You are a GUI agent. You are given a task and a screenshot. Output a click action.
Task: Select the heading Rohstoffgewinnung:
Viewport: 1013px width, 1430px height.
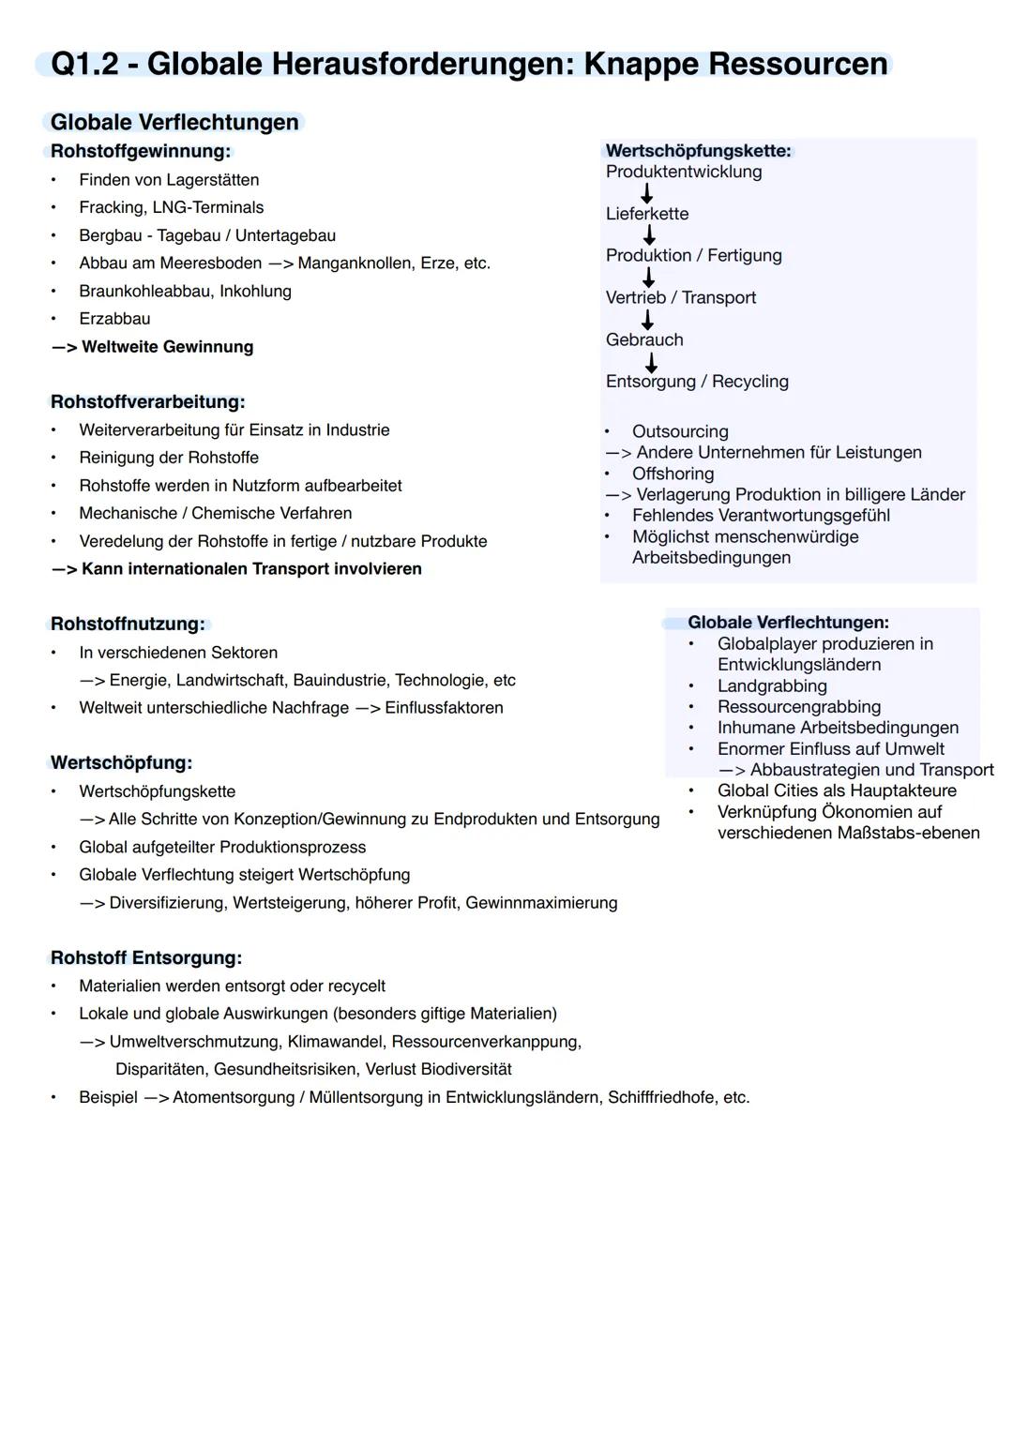141,151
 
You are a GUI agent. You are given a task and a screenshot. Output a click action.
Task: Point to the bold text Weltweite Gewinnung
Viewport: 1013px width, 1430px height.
167,347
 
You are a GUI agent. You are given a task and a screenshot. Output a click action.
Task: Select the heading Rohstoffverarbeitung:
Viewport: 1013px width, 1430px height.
147,401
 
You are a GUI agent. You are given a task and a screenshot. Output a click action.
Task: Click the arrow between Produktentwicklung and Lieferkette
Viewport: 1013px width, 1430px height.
646,193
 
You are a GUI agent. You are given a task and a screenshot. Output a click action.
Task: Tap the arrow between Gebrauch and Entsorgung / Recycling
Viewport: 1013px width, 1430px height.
650,362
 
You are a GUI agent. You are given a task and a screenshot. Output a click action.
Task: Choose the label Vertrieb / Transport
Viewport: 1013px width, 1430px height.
681,297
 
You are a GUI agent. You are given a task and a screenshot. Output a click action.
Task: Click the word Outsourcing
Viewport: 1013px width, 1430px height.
680,431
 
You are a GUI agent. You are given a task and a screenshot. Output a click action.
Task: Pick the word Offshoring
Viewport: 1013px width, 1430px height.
673,474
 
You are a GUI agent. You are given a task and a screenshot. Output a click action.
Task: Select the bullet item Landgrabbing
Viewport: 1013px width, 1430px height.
772,685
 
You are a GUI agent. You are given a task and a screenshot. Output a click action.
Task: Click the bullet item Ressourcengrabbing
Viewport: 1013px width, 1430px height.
799,707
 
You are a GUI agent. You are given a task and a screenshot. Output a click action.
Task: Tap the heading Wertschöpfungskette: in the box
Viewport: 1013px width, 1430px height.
699,151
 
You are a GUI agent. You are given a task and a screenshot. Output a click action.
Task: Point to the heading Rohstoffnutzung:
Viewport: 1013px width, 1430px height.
128,624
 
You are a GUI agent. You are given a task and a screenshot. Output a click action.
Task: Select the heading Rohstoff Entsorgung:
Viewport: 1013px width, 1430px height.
146,957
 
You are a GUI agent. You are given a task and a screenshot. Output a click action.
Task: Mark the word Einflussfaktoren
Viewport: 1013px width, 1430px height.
444,708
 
